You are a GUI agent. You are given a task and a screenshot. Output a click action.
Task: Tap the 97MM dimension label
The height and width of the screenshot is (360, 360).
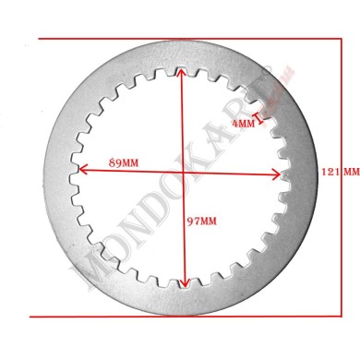coord(201,221)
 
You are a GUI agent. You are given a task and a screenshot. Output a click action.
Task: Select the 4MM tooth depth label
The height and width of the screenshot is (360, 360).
coord(244,123)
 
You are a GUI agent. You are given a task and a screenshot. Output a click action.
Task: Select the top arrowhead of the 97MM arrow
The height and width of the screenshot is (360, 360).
coord(180,72)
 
